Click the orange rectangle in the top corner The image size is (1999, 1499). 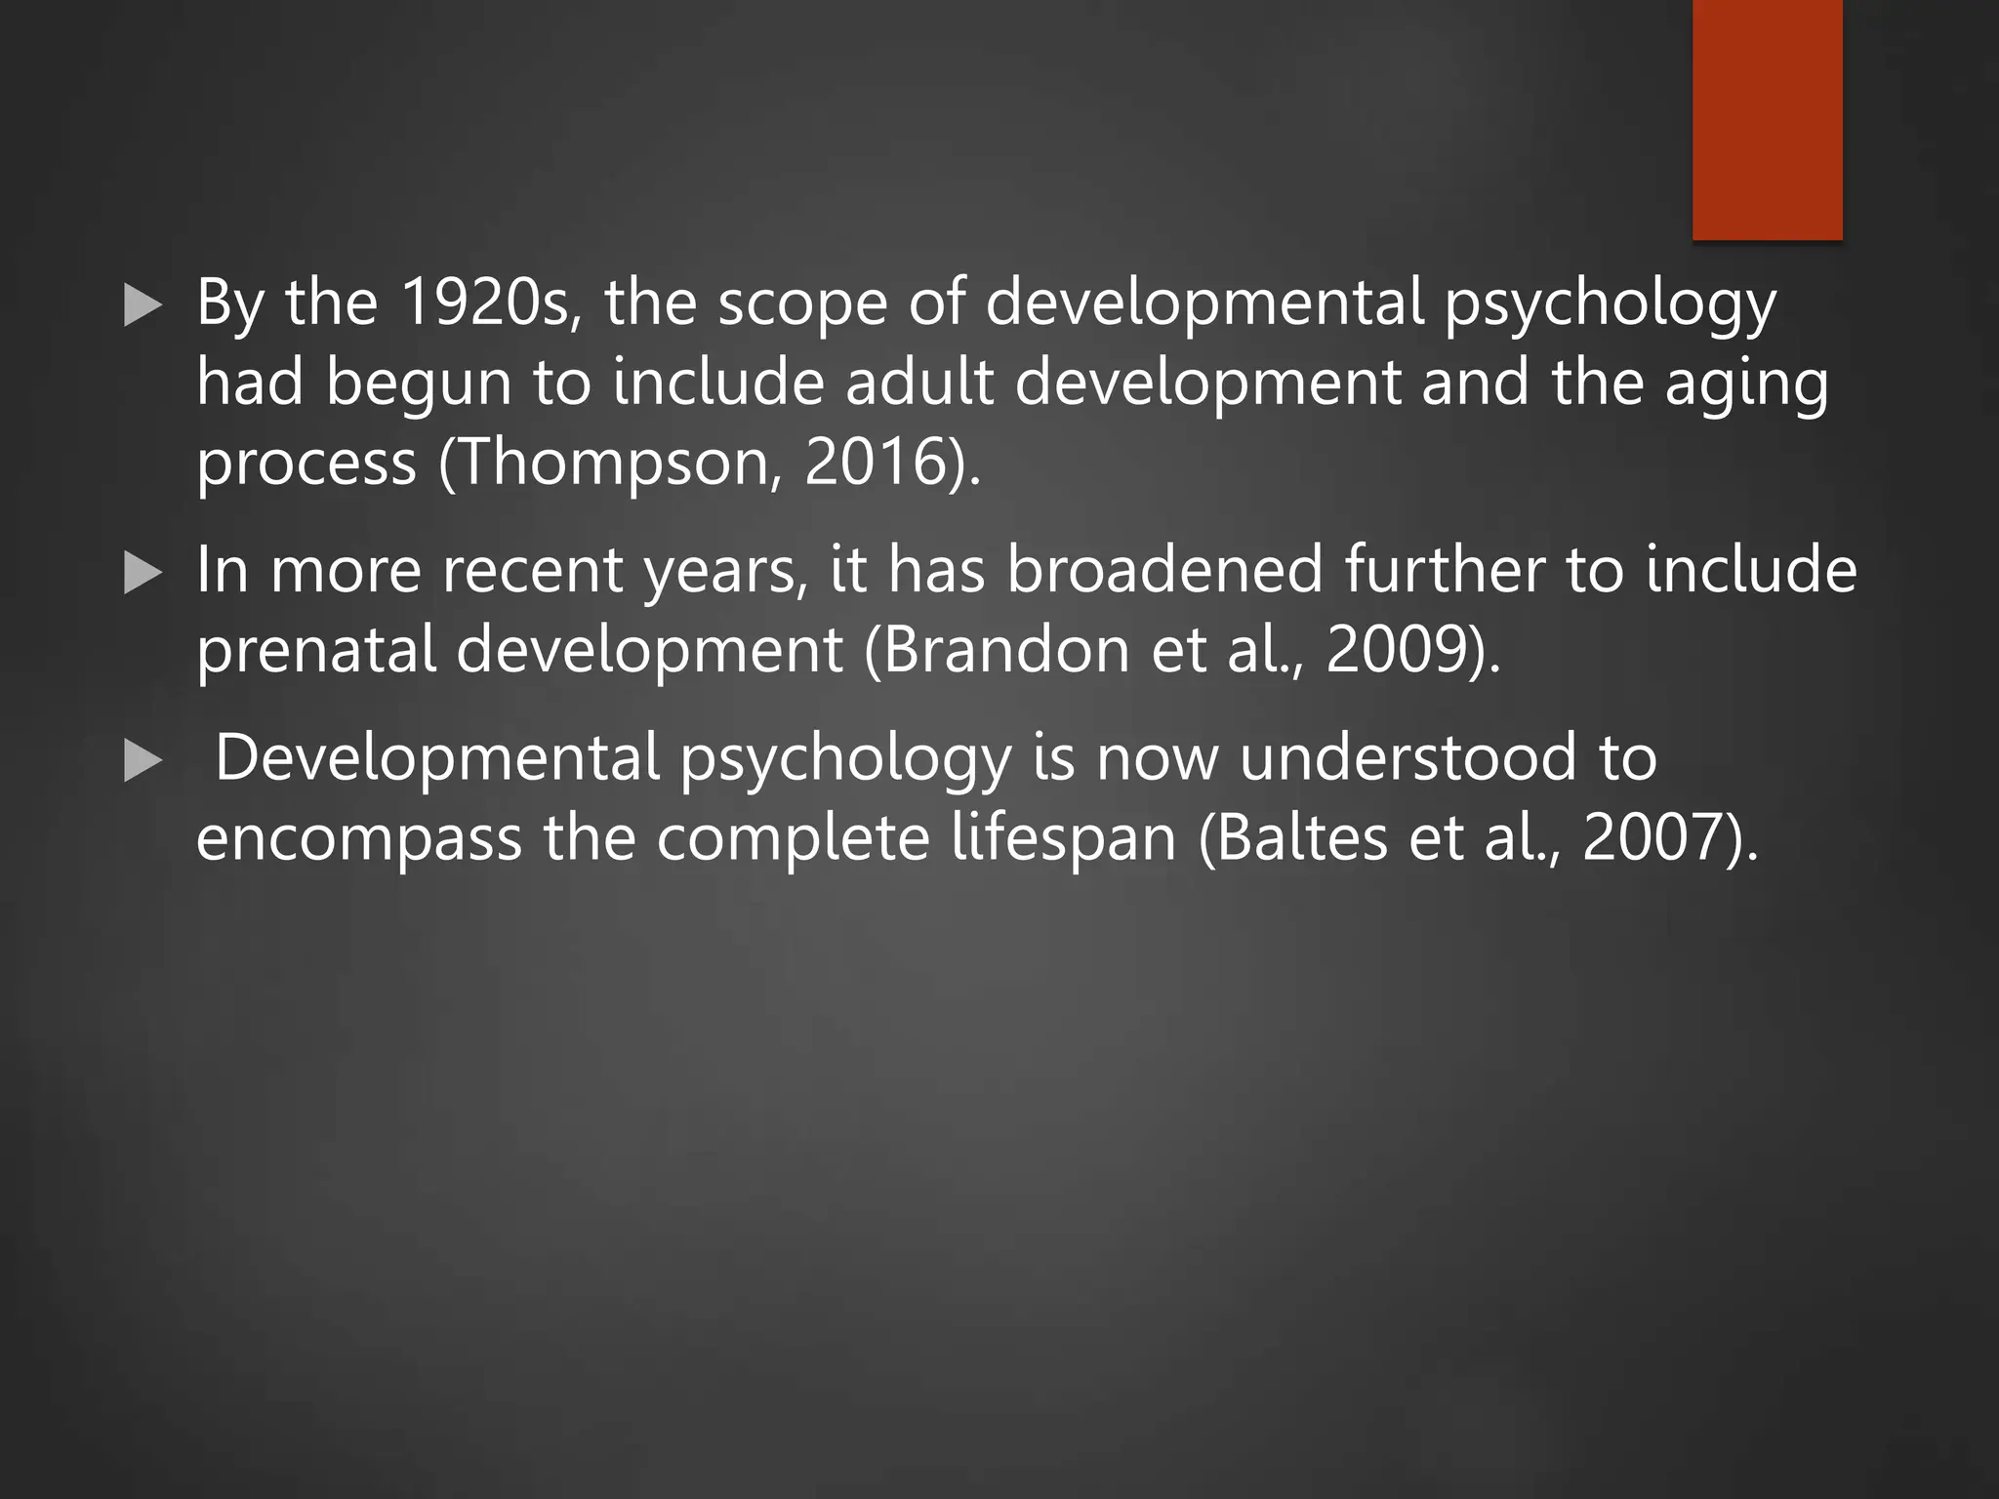coord(1767,119)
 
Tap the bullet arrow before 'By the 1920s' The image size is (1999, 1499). coord(143,306)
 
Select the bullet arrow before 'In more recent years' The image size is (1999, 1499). coord(143,574)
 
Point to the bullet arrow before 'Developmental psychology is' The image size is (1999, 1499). coord(143,761)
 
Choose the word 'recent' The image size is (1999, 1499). coord(532,570)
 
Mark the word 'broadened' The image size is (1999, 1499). coord(1164,570)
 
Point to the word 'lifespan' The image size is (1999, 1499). coord(1063,839)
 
